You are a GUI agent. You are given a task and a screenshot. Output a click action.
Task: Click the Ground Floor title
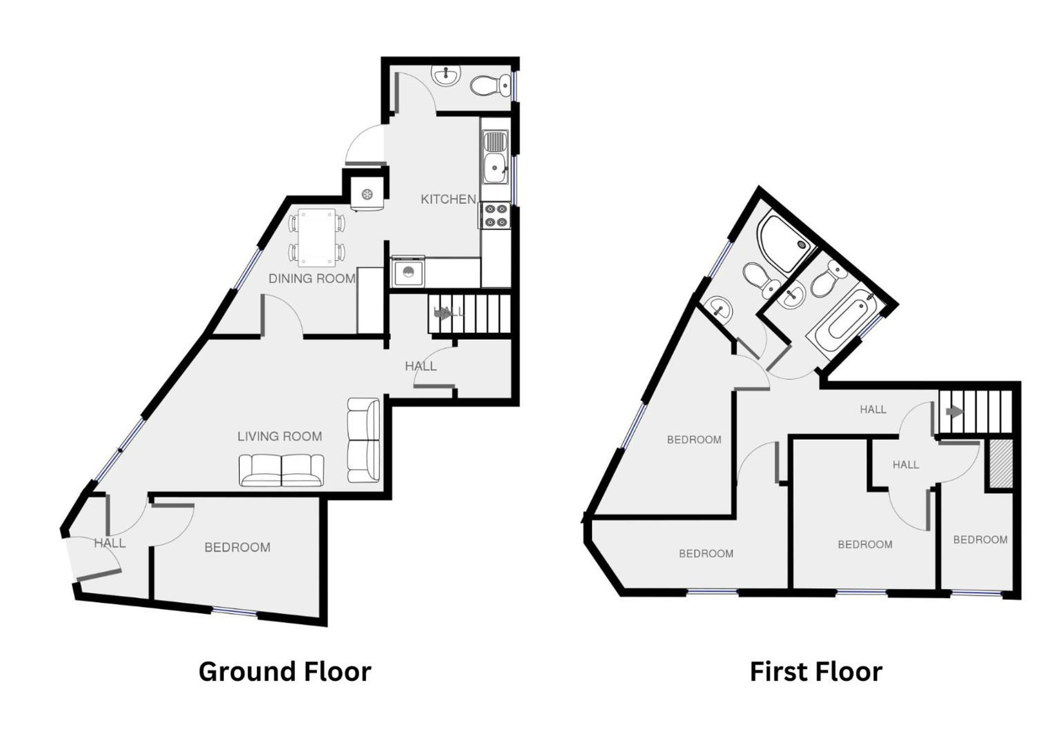coord(285,672)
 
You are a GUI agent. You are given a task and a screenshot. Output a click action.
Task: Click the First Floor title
coord(816,672)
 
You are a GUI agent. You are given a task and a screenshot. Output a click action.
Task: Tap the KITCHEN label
coord(448,199)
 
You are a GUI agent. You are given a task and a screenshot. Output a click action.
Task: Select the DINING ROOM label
coord(312,279)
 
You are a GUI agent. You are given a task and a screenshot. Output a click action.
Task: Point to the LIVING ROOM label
coord(279,436)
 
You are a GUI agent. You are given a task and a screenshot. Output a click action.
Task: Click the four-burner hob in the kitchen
coord(495,215)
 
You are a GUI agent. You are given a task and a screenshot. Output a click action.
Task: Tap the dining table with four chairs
coord(317,238)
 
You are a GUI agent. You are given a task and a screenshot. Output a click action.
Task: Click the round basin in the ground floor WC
coord(447,75)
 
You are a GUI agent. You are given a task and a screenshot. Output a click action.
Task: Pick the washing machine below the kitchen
coord(407,272)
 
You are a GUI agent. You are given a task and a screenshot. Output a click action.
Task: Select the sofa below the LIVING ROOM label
coord(281,469)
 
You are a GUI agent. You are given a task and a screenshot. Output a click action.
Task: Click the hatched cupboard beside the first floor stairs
coord(1000,464)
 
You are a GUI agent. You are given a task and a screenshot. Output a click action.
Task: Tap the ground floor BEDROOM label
coord(237,547)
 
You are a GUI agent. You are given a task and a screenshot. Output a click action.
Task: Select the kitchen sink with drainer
coord(495,158)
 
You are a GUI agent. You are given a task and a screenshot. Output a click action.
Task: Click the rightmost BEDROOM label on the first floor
coord(980,540)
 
